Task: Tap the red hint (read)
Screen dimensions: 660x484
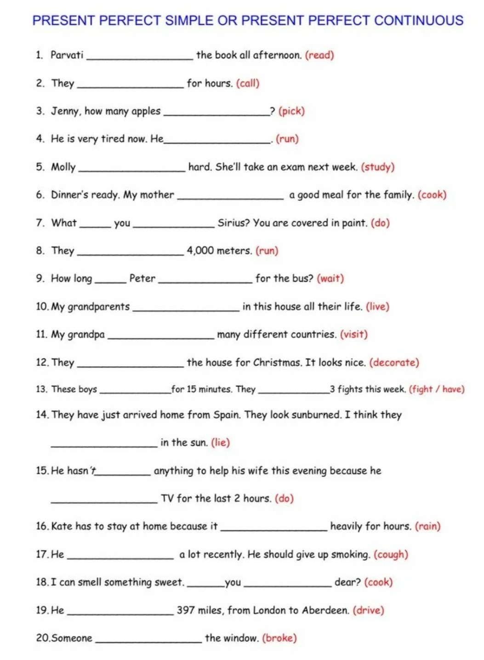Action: [319, 55]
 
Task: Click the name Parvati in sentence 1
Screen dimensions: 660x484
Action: [67, 55]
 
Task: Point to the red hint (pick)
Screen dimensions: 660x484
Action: [291, 111]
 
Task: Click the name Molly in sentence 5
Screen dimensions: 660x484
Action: [63, 167]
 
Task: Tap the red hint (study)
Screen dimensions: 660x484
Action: [378, 167]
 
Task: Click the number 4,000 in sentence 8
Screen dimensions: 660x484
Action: [200, 251]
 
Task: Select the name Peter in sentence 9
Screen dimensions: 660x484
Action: [142, 279]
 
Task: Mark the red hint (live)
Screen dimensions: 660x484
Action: [377, 307]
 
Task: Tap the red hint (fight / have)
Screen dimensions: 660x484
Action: [437, 390]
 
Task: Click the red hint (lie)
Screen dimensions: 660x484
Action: [220, 443]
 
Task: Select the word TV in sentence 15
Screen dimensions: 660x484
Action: [167, 499]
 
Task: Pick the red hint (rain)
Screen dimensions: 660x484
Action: [427, 526]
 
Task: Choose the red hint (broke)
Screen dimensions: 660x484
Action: [279, 638]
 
